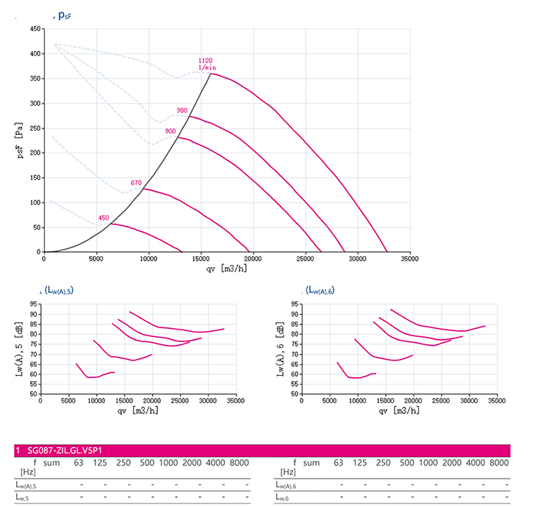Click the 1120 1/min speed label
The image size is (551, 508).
coord(206,64)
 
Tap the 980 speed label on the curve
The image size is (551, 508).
coord(182,111)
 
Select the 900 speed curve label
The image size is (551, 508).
coord(170,131)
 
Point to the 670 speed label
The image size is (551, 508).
coord(136,183)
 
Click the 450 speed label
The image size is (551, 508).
coord(104,218)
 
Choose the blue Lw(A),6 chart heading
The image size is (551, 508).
coord(320,291)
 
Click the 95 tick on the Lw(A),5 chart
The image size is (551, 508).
coord(35,304)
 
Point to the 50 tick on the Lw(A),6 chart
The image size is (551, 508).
coord(295,394)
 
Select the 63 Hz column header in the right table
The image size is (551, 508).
coord(339,462)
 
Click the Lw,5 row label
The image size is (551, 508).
coord(26,498)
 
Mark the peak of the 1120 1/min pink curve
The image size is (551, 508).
coord(212,73)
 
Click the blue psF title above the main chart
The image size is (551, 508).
coord(65,15)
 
